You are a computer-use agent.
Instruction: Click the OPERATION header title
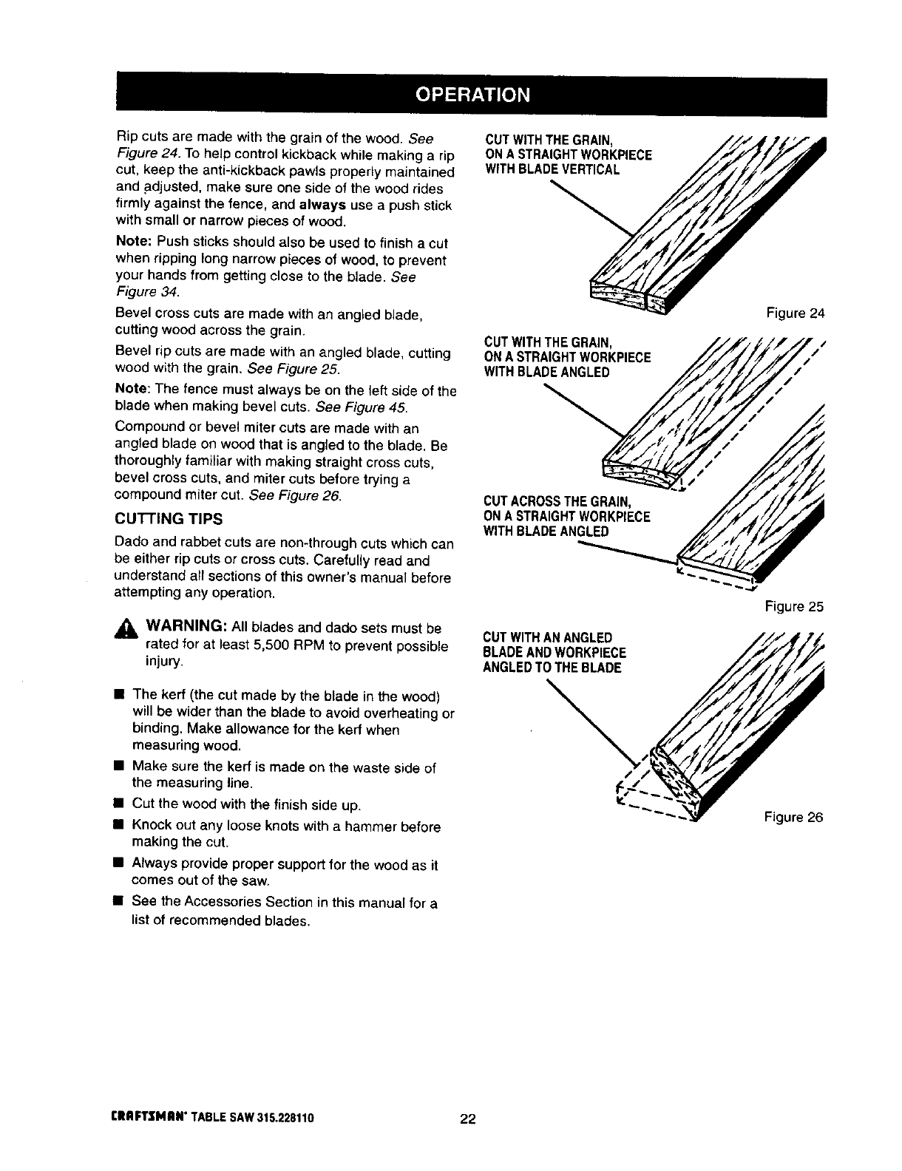point(472,95)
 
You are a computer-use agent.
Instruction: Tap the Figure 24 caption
point(795,313)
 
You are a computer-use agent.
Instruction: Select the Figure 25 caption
point(794,607)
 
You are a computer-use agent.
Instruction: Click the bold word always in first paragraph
point(324,205)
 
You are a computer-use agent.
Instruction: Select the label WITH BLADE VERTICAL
point(552,169)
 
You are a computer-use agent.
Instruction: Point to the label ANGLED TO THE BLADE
point(552,668)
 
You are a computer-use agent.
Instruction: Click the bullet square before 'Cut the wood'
point(118,803)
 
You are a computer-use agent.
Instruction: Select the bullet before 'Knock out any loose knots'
point(118,826)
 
